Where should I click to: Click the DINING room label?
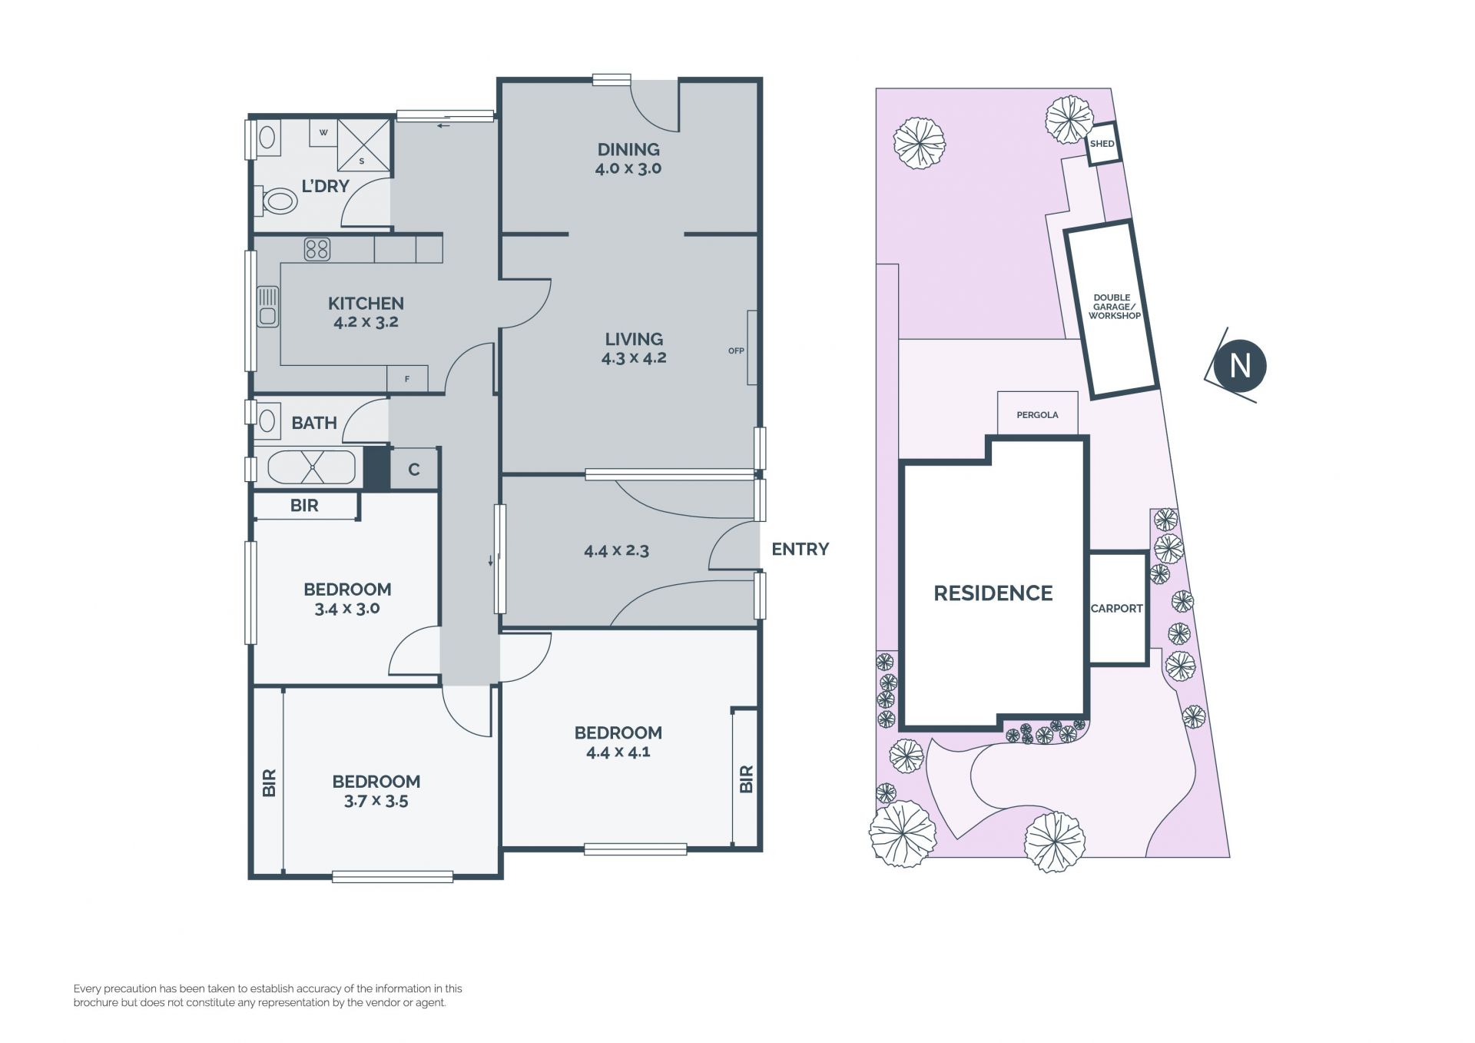tap(628, 149)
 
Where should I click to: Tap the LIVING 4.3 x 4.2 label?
tap(634, 348)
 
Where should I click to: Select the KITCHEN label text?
tap(366, 303)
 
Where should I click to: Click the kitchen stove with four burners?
tap(317, 249)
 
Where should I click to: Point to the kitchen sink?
tap(267, 306)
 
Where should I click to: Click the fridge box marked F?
tap(407, 379)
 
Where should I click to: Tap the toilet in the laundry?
tap(279, 201)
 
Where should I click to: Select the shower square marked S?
tap(363, 144)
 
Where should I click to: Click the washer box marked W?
tap(323, 132)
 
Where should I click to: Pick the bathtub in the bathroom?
tap(311, 467)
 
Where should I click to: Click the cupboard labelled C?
tap(414, 469)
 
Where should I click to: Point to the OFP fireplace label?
tap(736, 350)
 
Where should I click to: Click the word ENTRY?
tap(800, 549)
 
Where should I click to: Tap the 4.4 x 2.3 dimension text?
tap(616, 550)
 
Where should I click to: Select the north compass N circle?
tap(1241, 365)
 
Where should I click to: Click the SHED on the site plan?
tap(1102, 144)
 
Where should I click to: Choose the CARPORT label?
tap(1117, 608)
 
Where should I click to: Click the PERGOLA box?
tap(1037, 414)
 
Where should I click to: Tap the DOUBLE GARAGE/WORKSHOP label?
tap(1113, 306)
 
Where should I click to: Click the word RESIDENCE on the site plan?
tap(993, 593)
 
